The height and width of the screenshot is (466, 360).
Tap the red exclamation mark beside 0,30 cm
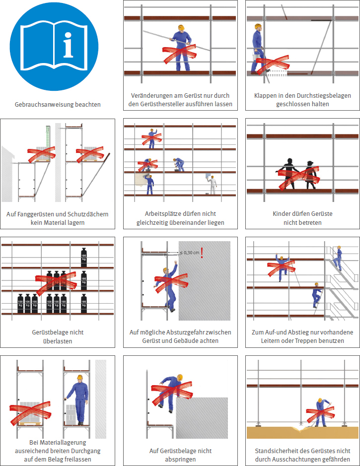(202, 253)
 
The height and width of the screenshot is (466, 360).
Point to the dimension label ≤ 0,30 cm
(189, 253)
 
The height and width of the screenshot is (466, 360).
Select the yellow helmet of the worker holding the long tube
(181, 28)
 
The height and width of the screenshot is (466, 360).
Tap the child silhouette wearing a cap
(310, 175)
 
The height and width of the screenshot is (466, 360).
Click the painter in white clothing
(213, 185)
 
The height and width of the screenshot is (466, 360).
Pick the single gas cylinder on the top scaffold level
(84, 258)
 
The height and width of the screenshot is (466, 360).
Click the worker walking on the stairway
(338, 258)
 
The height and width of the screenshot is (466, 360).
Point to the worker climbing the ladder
(317, 295)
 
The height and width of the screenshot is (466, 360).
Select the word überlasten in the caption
(58, 341)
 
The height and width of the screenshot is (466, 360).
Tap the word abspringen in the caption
(180, 460)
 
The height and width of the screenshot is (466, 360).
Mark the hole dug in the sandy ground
(301, 428)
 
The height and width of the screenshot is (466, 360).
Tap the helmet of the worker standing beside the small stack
(79, 378)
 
